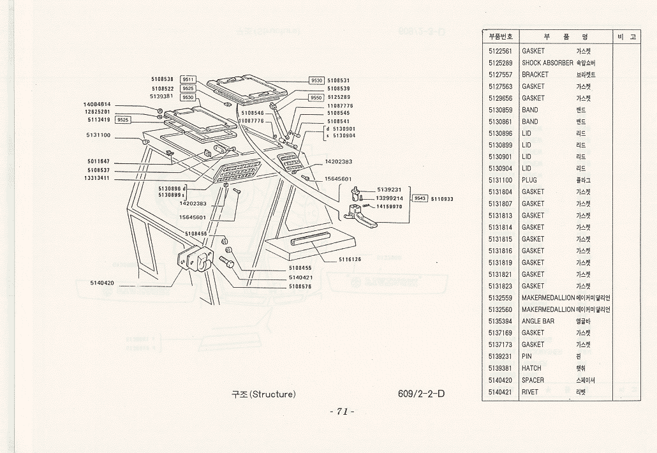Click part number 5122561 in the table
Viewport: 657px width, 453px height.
point(500,51)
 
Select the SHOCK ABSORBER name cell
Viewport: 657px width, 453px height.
point(547,63)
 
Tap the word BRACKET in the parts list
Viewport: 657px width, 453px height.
point(535,75)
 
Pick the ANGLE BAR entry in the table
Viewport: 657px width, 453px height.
point(538,321)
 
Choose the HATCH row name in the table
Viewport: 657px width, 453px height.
point(531,368)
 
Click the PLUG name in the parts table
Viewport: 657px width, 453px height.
point(529,181)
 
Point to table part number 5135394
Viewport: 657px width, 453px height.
point(500,321)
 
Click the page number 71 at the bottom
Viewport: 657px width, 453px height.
point(342,412)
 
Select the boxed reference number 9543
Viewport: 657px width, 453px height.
point(420,198)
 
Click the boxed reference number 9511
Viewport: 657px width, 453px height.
point(188,80)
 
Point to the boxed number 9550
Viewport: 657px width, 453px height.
point(317,98)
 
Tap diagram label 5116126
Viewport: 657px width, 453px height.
point(350,259)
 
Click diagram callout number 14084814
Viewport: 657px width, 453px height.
point(97,104)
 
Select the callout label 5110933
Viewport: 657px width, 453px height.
point(442,199)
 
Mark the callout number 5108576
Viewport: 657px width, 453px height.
point(300,286)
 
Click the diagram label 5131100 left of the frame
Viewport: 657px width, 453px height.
point(98,135)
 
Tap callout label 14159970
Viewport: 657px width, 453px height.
point(389,206)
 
